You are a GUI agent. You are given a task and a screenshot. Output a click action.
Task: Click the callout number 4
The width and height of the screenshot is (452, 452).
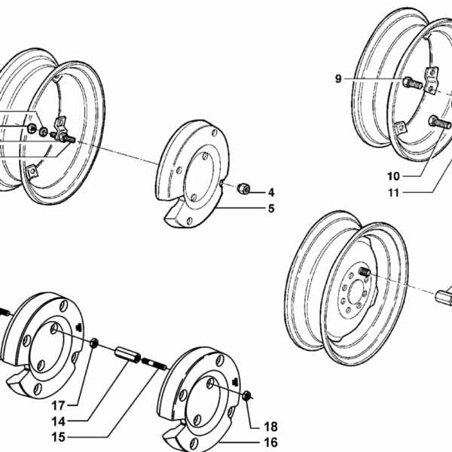(x=270, y=193)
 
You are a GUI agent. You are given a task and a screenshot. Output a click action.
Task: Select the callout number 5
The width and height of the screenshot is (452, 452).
(x=270, y=209)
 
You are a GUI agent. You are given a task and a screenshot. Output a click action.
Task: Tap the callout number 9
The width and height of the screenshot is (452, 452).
(x=338, y=78)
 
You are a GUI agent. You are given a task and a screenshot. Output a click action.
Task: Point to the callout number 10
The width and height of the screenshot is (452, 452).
(x=393, y=177)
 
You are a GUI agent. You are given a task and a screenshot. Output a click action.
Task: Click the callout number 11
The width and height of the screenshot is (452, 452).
(x=393, y=193)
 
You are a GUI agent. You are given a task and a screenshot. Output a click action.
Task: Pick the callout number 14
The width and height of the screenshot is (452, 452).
(x=58, y=422)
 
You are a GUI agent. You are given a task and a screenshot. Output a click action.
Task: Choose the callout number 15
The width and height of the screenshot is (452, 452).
(x=58, y=438)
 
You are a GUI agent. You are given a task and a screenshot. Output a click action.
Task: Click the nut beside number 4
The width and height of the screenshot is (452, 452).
(x=243, y=187)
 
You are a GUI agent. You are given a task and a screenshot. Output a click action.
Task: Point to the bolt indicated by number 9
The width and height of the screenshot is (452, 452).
(x=412, y=83)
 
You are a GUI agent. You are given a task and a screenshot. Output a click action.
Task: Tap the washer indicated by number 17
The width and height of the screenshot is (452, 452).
(x=95, y=346)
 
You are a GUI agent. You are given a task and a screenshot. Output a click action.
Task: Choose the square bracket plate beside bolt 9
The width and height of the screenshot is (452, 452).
(x=432, y=81)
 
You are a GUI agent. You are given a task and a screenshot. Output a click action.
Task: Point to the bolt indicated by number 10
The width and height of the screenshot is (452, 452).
(x=438, y=121)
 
